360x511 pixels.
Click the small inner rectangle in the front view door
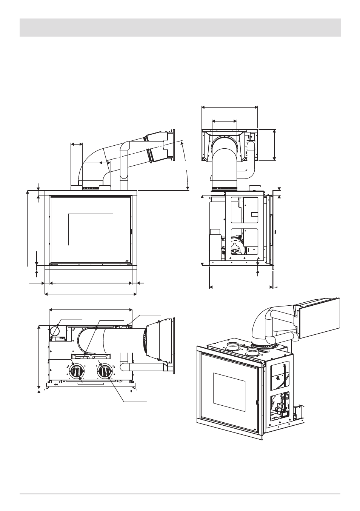pyautogui.click(x=91, y=229)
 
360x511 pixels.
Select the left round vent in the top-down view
pyautogui.click(x=77, y=371)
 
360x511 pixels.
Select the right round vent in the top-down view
pyautogui.click(x=105, y=370)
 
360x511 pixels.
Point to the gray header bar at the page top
pyautogui.click(x=180, y=28)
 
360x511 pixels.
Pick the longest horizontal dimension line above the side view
pyautogui.click(x=229, y=107)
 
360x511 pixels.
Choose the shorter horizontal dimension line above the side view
pyautogui.click(x=225, y=121)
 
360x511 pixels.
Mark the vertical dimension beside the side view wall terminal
pyautogui.click(x=274, y=145)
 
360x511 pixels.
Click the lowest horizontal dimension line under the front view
pyautogui.click(x=91, y=294)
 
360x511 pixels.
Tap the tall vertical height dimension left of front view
pyautogui.click(x=28, y=230)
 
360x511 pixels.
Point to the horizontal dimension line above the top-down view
pyautogui.click(x=91, y=310)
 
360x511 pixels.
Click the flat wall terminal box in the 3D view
pyautogui.click(x=319, y=318)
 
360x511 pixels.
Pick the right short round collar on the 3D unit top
pyautogui.click(x=252, y=352)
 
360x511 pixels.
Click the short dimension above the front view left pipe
pyautogui.click(x=77, y=144)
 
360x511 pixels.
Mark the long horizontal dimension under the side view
pyautogui.click(x=241, y=287)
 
